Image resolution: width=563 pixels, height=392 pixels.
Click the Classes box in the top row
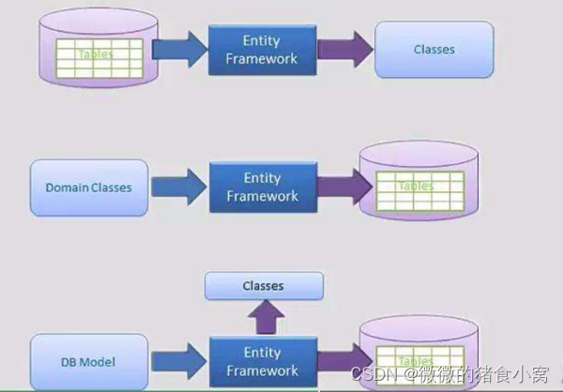434,50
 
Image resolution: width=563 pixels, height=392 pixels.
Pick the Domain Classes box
88,187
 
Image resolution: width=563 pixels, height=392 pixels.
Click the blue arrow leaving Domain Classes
177,187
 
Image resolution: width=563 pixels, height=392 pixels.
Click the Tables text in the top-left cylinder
95,54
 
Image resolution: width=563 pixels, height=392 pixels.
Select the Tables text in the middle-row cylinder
415,187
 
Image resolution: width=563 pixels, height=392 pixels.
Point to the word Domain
67,188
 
